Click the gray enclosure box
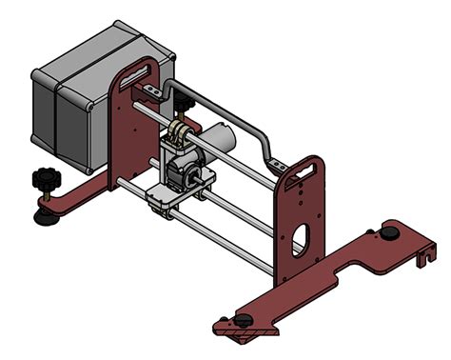point(76,105)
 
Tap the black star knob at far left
point(44,177)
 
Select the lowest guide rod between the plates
point(228,243)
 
